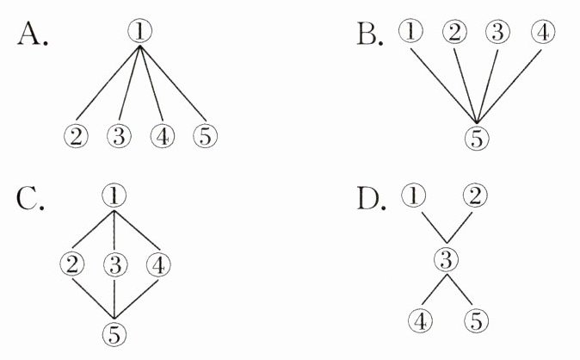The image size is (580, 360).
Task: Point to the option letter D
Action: click(x=372, y=200)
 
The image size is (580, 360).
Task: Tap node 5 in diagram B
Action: click(x=476, y=136)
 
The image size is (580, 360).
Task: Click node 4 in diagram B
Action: click(x=542, y=34)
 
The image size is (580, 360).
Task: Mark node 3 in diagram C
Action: click(x=114, y=264)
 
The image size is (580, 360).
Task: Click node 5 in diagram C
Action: click(x=114, y=332)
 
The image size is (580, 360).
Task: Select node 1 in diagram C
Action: click(x=114, y=195)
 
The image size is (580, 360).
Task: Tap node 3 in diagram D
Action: click(x=445, y=258)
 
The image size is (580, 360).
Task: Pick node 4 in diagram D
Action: click(x=421, y=321)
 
